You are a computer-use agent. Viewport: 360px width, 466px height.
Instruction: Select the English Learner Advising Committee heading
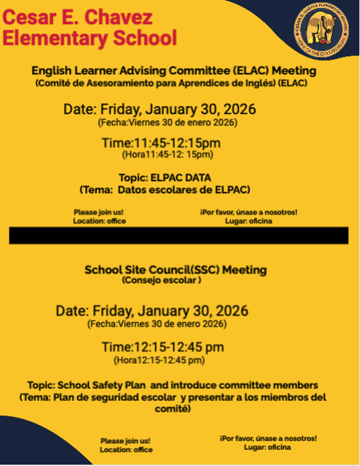click(174, 70)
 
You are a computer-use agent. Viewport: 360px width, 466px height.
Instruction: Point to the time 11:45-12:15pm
click(161, 143)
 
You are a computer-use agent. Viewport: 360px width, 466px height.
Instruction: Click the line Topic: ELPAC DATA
click(165, 178)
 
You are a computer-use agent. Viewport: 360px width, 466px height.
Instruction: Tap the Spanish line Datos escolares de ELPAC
click(165, 190)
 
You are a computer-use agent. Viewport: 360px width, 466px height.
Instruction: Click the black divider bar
click(178, 235)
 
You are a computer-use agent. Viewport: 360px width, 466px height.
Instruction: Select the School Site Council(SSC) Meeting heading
click(175, 270)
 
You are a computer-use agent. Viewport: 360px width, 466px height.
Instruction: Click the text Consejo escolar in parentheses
click(162, 280)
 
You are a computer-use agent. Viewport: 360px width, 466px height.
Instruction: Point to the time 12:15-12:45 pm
click(162, 347)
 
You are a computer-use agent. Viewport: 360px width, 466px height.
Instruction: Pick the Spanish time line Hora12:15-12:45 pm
click(159, 360)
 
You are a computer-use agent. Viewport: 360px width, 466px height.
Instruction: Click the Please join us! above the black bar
click(99, 213)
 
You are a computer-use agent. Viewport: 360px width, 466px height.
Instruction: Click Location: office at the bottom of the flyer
click(126, 450)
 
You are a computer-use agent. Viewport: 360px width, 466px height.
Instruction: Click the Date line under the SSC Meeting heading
click(152, 311)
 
